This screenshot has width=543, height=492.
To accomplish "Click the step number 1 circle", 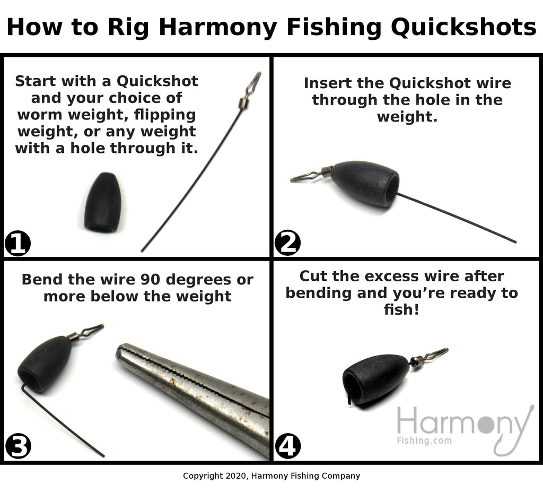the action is click(17, 244).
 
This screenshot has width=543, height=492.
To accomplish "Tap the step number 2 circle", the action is click(287, 243).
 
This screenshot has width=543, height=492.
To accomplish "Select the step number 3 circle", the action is click(18, 446).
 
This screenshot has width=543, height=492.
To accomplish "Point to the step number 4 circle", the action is click(288, 446).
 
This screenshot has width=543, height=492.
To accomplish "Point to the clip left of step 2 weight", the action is click(310, 176).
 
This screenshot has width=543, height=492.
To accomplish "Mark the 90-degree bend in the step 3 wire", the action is click(23, 386).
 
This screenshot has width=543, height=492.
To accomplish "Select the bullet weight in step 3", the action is click(45, 363).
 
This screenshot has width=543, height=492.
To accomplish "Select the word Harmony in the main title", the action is click(218, 28).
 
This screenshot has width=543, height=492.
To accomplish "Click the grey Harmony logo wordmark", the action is click(462, 421).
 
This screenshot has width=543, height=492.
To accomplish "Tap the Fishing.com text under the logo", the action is click(424, 441).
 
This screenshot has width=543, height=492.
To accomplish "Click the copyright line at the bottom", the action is click(271, 476).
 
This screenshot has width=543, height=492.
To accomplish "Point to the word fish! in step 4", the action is click(401, 309).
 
